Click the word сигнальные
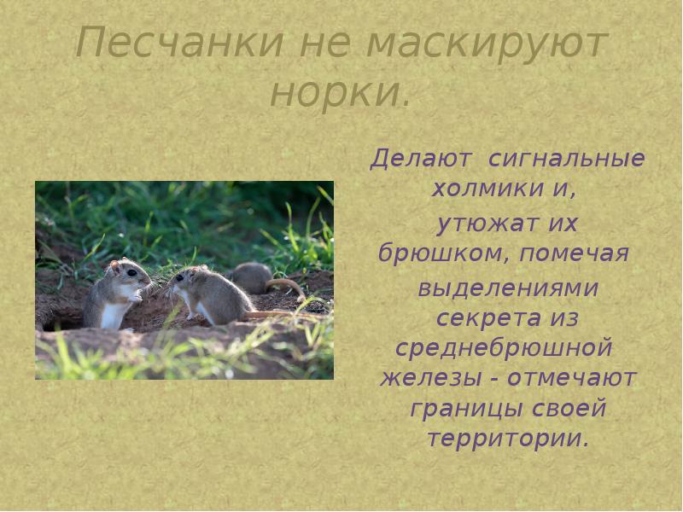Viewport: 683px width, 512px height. click(x=565, y=160)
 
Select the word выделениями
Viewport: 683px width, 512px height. click(x=507, y=288)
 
